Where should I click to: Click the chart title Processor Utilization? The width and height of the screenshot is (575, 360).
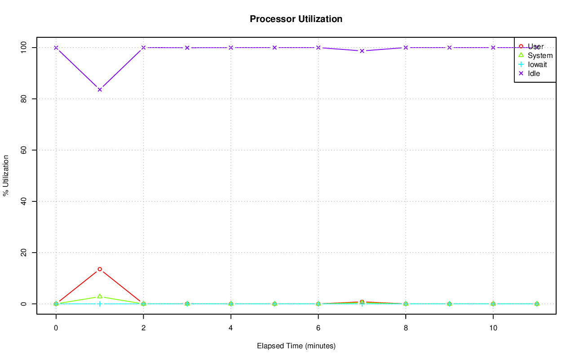(x=296, y=19)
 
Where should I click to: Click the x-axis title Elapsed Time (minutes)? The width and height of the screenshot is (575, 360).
(x=296, y=346)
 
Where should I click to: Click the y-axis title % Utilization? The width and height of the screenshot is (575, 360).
(x=6, y=175)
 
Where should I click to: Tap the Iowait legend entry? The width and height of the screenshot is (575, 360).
(x=537, y=65)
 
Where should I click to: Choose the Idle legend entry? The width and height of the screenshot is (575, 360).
(x=534, y=74)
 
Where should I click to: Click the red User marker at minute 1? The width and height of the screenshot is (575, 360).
(x=100, y=269)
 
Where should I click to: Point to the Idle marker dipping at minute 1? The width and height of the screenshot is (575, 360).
(x=100, y=89)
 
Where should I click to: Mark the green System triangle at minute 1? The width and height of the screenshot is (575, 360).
(x=100, y=296)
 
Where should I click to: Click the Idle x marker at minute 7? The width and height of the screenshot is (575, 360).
(x=362, y=51)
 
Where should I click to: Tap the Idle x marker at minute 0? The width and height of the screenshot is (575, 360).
(x=56, y=48)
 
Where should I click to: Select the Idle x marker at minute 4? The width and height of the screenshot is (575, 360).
(x=231, y=48)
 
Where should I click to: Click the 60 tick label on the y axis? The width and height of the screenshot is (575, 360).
(x=24, y=150)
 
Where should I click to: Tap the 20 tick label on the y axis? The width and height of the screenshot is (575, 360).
(x=24, y=253)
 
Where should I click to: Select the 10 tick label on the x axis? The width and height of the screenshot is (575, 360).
(x=493, y=329)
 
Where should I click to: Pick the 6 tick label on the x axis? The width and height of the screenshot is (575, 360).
(x=318, y=329)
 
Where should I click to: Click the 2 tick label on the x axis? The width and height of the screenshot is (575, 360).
(x=143, y=329)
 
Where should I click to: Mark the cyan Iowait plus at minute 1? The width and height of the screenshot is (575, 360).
(x=100, y=304)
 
